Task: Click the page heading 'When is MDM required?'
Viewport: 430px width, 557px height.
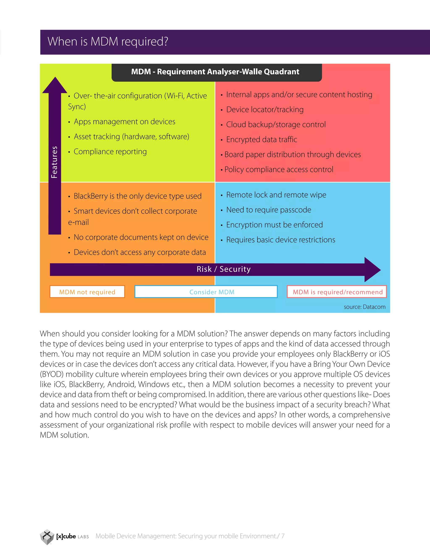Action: point(108,42)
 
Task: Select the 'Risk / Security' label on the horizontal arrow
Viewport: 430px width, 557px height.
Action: point(224,269)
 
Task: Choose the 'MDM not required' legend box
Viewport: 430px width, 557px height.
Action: point(87,292)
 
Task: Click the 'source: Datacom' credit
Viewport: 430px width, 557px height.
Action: point(364,307)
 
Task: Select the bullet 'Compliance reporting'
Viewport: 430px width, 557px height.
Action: point(110,152)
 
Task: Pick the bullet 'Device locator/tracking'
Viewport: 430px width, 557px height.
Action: point(265,110)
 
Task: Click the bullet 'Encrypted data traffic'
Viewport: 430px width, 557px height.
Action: point(261,140)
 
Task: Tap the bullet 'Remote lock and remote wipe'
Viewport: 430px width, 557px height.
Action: point(276,195)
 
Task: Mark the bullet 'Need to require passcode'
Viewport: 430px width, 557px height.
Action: point(269,210)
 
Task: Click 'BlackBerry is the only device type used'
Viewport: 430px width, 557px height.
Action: point(137,196)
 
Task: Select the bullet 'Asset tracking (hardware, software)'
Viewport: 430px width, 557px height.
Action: point(131,137)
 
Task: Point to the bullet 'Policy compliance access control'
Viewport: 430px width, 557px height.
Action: point(278,170)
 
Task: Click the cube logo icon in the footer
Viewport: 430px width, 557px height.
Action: point(47,536)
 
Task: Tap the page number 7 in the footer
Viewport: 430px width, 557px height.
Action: point(283,536)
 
